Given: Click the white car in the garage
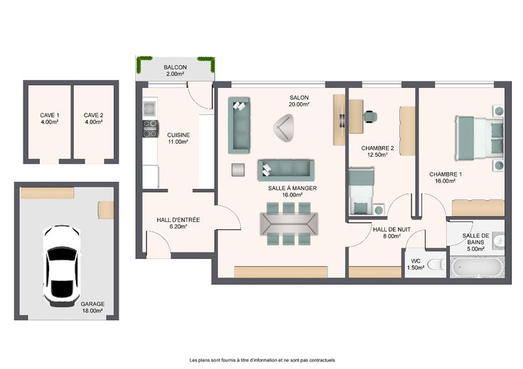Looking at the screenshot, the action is [62, 265].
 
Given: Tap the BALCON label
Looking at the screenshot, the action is [175, 67].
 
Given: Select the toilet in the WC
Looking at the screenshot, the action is [436, 265].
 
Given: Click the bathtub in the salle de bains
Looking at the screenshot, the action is [476, 267].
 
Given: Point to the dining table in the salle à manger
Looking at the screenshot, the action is [289, 224].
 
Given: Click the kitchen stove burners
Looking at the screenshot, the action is [151, 128].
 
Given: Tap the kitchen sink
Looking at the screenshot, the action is [149, 107].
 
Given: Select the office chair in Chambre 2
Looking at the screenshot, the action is [370, 116].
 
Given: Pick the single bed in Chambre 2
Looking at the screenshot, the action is [362, 190].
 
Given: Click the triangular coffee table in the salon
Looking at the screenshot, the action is [284, 128].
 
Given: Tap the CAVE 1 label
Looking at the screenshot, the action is [50, 115].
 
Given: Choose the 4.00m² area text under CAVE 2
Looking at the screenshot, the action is [93, 122].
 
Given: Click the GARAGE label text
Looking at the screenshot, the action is [92, 304].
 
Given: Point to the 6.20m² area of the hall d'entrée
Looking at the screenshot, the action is [178, 226].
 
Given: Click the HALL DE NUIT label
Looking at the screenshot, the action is [392, 229].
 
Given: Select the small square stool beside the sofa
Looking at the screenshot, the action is [238, 170].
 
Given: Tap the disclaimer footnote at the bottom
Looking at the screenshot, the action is [262, 360].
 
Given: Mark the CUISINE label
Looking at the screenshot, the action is [178, 135].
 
